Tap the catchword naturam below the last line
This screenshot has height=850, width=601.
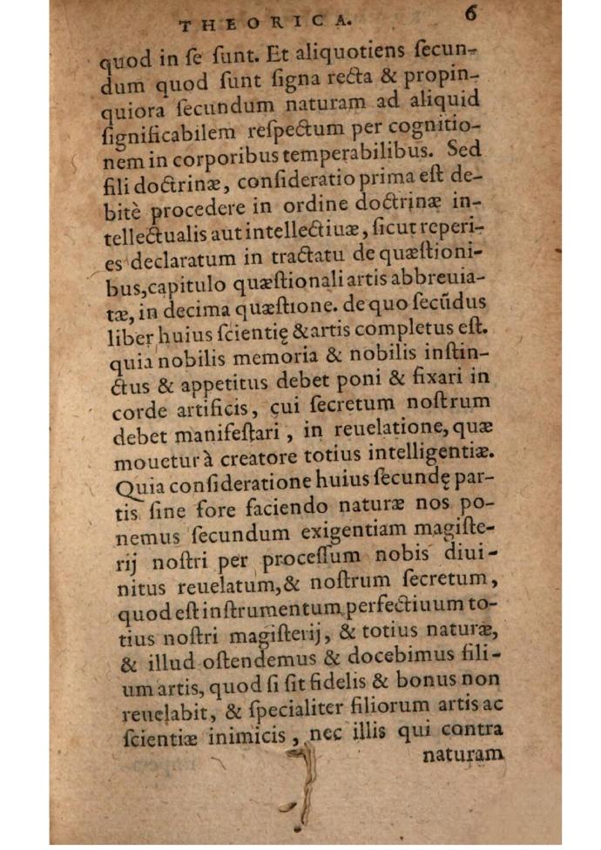(x=463, y=754)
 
